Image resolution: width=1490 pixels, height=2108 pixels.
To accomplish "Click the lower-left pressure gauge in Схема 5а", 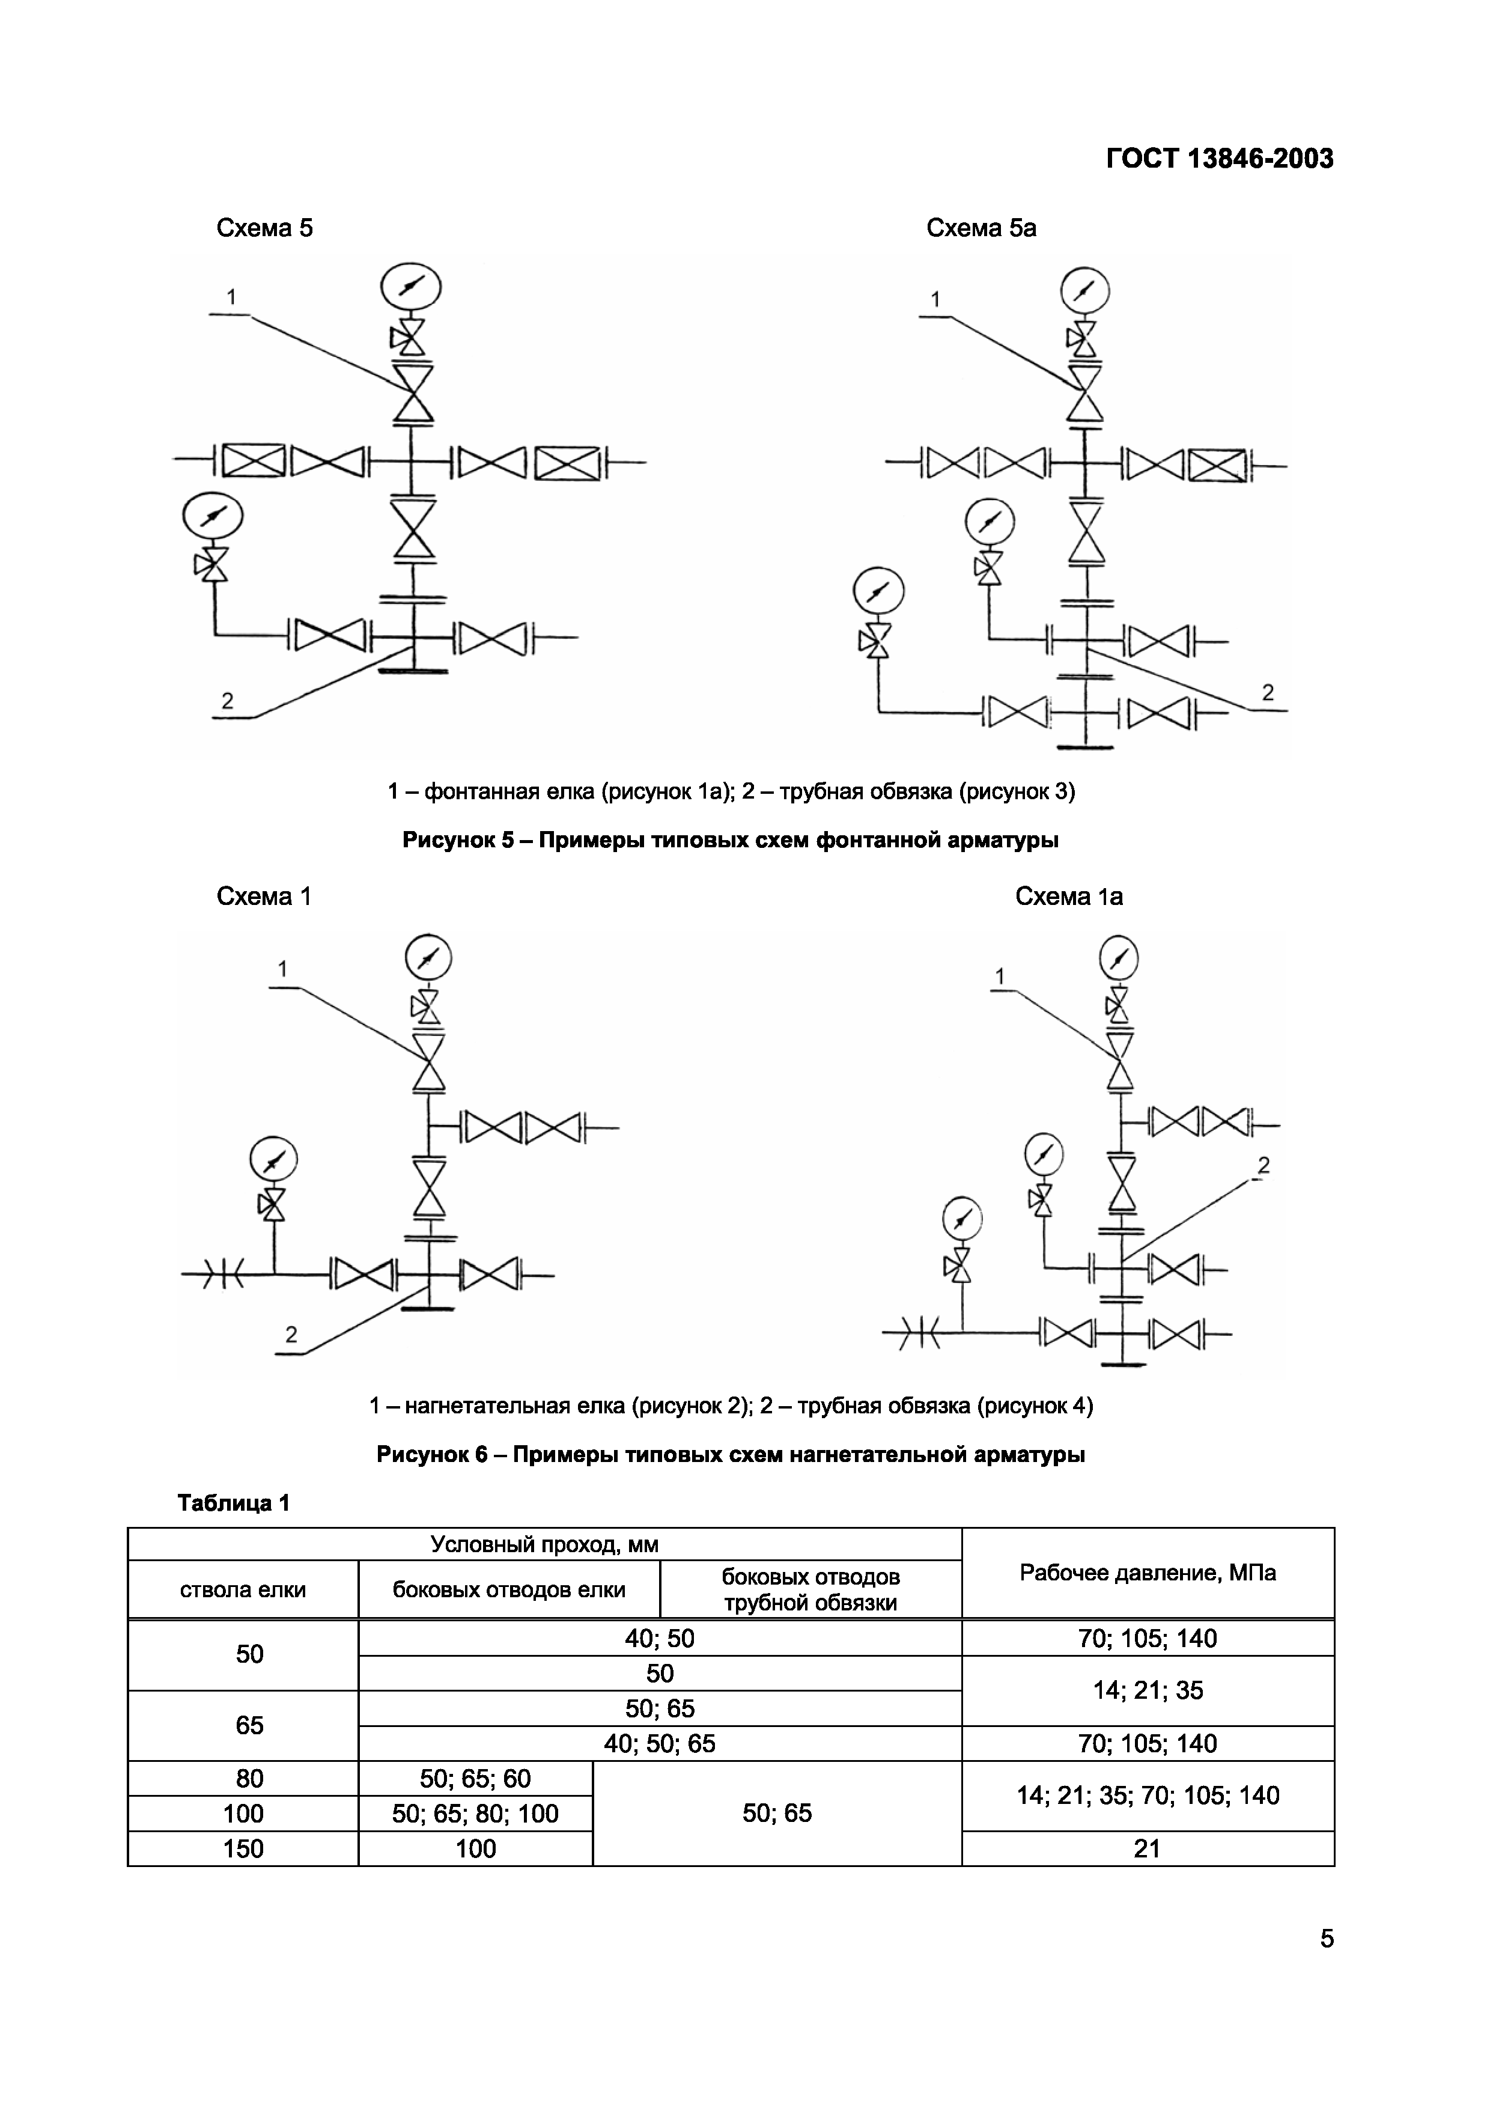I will click(878, 591).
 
